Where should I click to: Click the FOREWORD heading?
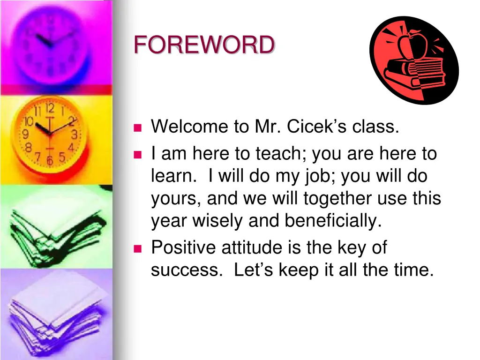coord(204,45)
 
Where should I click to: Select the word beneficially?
coord(333,221)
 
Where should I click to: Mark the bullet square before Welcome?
coord(137,127)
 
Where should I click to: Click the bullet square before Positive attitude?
coord(137,248)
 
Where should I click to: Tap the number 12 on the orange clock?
coord(50,109)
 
